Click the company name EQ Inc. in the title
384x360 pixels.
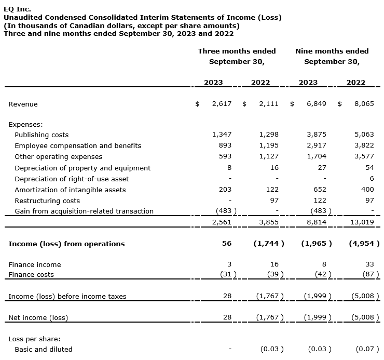coord(17,9)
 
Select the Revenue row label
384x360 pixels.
coord(23,104)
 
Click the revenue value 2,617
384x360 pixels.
coord(222,104)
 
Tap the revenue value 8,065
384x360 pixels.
coord(364,104)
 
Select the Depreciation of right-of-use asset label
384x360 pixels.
coord(72,179)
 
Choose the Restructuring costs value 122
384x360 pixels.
coord(320,201)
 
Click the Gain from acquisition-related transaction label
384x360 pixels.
coord(84,211)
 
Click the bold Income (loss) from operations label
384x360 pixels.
coord(66,244)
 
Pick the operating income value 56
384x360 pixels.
coord(227,244)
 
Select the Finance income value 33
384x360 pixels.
coord(369,264)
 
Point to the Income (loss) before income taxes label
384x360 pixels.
coord(67,297)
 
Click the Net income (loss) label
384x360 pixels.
coord(38,317)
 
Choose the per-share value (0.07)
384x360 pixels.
coord(367,349)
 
